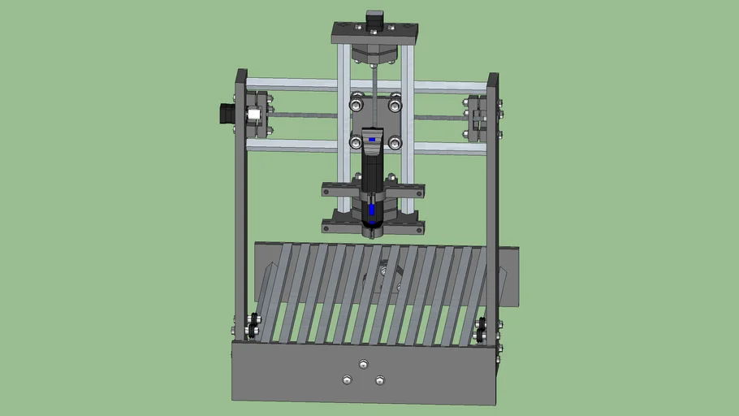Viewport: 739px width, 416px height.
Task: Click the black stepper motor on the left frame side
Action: (x=225, y=114)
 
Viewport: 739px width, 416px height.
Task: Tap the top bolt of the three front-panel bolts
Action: (x=362, y=363)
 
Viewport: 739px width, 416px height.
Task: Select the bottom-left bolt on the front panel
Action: (x=347, y=379)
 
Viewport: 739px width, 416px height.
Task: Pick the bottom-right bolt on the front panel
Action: (x=379, y=379)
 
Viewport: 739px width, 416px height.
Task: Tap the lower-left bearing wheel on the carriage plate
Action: (x=356, y=143)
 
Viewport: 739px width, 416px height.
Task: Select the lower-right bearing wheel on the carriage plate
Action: (x=395, y=143)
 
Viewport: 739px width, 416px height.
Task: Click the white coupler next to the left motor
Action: (x=253, y=115)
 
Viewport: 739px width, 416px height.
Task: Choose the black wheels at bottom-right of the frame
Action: (x=482, y=328)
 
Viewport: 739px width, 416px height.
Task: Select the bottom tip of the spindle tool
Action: (x=372, y=234)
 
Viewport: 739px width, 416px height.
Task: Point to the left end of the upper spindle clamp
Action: (x=329, y=191)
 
